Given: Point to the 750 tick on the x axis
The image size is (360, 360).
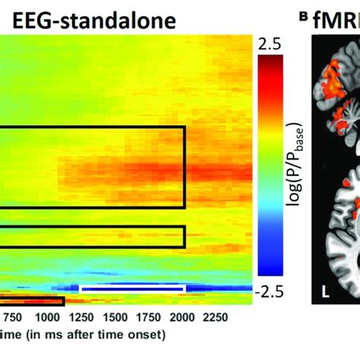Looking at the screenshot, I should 13,317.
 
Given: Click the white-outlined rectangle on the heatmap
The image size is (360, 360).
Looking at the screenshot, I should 132,289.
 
